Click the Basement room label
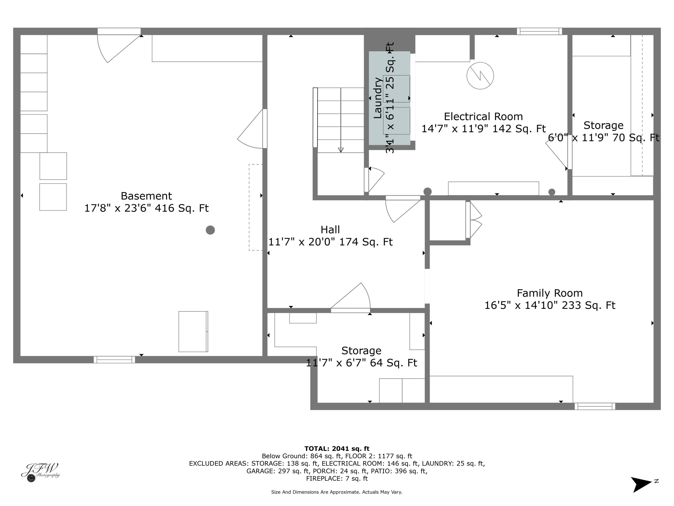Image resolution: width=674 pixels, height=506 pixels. click(146, 196)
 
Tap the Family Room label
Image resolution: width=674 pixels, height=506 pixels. click(550, 293)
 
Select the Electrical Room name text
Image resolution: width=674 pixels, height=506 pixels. click(483, 116)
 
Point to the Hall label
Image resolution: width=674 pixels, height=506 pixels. click(330, 230)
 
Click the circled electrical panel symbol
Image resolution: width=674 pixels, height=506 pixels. click(480, 76)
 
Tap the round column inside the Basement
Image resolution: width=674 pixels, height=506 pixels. click(210, 230)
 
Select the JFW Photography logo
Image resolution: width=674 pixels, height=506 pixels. click(40, 472)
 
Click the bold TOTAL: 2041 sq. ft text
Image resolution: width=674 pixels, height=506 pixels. click(337, 449)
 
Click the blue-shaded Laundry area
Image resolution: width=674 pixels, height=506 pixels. click(389, 98)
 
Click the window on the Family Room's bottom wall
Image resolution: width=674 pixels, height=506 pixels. click(595, 406)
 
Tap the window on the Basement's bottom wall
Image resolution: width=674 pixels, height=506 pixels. click(114, 360)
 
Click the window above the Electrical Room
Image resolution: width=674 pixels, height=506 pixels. click(539, 31)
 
